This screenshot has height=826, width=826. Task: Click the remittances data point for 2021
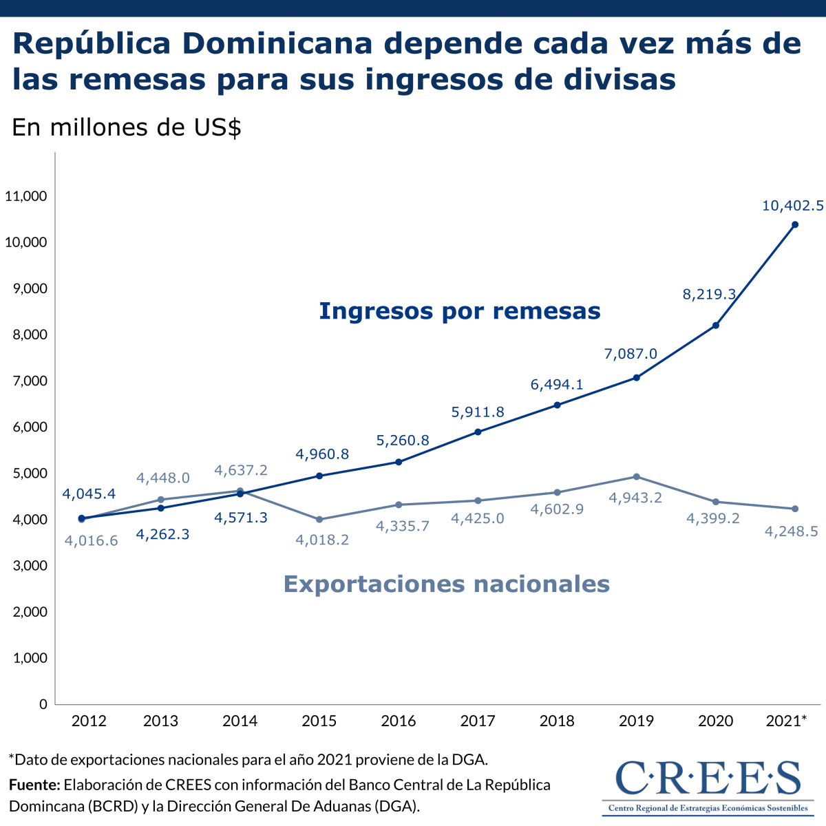[x=795, y=224]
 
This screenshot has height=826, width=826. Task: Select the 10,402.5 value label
[x=792, y=205]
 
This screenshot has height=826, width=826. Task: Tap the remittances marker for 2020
[x=716, y=325]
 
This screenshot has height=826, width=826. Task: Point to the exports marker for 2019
[x=637, y=476]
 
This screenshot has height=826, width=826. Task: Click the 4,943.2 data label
[x=635, y=497]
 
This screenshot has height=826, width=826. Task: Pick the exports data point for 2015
[x=319, y=519]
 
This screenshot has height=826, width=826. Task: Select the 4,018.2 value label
[x=322, y=540]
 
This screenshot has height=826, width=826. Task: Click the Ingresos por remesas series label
[x=460, y=311]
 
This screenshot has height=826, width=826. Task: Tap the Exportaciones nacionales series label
[x=447, y=584]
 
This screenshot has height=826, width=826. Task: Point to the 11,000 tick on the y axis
[x=25, y=196]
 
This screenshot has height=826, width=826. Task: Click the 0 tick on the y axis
[x=43, y=704]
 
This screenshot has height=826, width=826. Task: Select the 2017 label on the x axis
[x=478, y=721]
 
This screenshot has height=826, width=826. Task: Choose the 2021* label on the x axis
[x=786, y=721]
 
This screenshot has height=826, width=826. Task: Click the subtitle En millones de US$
[x=127, y=127]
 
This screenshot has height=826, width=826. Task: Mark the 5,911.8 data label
[x=478, y=412]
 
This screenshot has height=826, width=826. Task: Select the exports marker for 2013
[x=161, y=500]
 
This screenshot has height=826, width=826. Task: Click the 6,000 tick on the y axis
[x=30, y=427]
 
